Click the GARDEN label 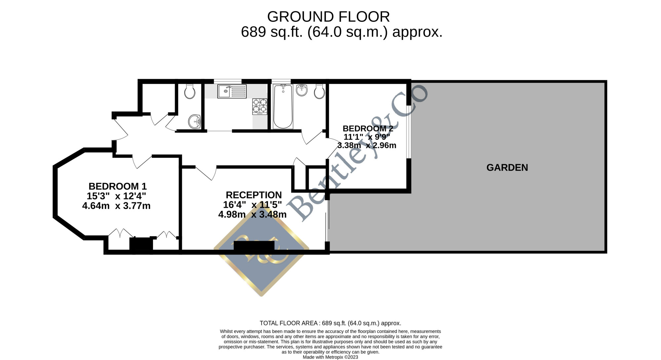tap(507, 167)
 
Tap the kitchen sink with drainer tap(232, 91)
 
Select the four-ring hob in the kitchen tap(260, 106)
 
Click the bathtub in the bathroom tap(283, 106)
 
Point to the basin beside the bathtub tap(302, 90)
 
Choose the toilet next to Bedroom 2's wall tap(319, 91)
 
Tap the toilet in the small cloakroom tap(190, 91)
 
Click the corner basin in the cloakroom tap(195, 121)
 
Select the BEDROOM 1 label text tap(118, 186)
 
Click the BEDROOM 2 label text tap(368, 128)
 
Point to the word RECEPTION tap(254, 195)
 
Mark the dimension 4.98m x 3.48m tap(253, 214)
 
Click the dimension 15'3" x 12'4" tap(116, 196)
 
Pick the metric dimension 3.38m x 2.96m tap(367, 145)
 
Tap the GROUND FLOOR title tap(329, 17)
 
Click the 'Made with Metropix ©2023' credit tap(330, 357)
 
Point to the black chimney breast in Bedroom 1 tap(141, 245)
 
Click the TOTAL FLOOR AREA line tap(330, 323)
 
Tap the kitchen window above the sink tap(228, 81)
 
